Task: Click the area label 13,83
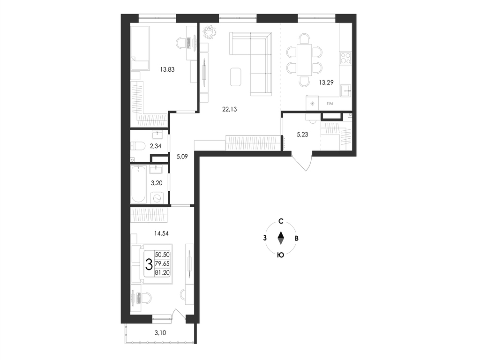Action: [167, 69]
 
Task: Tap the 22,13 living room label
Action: [229, 109]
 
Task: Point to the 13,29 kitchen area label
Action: [326, 82]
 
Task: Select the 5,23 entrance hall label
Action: [302, 135]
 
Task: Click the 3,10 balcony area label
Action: [160, 333]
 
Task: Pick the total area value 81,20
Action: [162, 272]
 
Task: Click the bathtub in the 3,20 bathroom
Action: [139, 184]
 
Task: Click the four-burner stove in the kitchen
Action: [345, 58]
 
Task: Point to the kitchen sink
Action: [346, 90]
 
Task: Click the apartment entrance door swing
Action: [302, 163]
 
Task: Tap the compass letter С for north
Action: [281, 221]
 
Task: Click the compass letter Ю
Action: [280, 255]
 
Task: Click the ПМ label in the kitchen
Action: [330, 104]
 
